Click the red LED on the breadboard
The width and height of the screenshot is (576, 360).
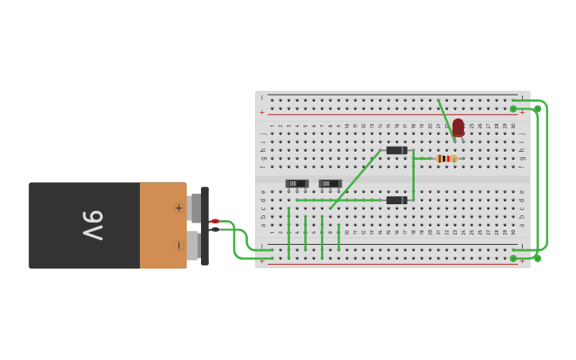click(x=458, y=127)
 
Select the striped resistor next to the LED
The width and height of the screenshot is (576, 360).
click(x=446, y=158)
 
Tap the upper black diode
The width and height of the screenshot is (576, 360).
click(x=396, y=150)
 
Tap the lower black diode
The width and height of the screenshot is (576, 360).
click(x=396, y=200)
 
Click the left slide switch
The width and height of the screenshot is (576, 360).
click(x=296, y=184)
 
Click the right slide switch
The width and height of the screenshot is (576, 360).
click(x=330, y=184)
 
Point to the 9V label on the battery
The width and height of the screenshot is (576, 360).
click(x=93, y=225)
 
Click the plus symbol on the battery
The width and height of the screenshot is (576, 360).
click(x=179, y=208)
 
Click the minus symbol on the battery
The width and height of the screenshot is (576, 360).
click(x=179, y=246)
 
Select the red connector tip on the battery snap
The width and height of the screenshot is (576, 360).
click(x=214, y=221)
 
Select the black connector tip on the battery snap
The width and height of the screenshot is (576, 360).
click(x=214, y=229)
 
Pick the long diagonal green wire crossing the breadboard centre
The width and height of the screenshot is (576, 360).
click(x=355, y=180)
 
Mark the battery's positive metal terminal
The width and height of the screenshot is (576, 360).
click(x=195, y=208)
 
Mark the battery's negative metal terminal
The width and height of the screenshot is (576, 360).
click(x=192, y=246)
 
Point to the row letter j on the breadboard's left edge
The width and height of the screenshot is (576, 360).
click(x=262, y=134)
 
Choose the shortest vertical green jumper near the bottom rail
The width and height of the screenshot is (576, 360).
click(x=338, y=237)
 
